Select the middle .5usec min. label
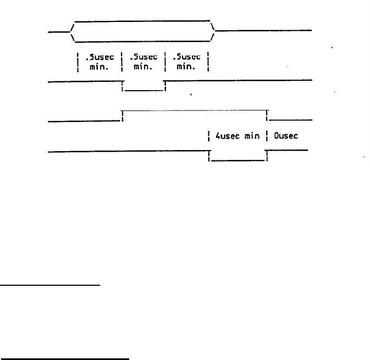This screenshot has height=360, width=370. tap(143, 61)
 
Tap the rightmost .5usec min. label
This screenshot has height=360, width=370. tap(187, 61)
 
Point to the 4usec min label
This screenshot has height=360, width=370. tap(238, 135)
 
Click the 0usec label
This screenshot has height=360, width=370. tap(286, 135)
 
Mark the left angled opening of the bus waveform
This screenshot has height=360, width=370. tap(72, 31)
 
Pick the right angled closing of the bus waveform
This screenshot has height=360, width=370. tap(213, 31)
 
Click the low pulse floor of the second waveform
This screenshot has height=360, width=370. tap(143, 90)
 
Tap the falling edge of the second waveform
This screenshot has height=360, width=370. tap(122, 86)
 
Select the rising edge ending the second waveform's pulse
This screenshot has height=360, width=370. tap(165, 86)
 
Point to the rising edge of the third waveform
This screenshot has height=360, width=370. tap(122, 115)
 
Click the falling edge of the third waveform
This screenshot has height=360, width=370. tap(267, 115)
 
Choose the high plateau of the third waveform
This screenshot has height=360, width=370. tap(194, 110)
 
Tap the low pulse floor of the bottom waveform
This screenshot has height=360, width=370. tap(238, 160)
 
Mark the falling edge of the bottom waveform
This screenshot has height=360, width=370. tap(209, 156)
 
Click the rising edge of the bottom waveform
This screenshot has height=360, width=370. tap(267, 156)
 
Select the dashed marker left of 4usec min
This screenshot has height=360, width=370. tap(209, 135)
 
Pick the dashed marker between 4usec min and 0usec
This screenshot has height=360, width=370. tap(267, 135)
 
